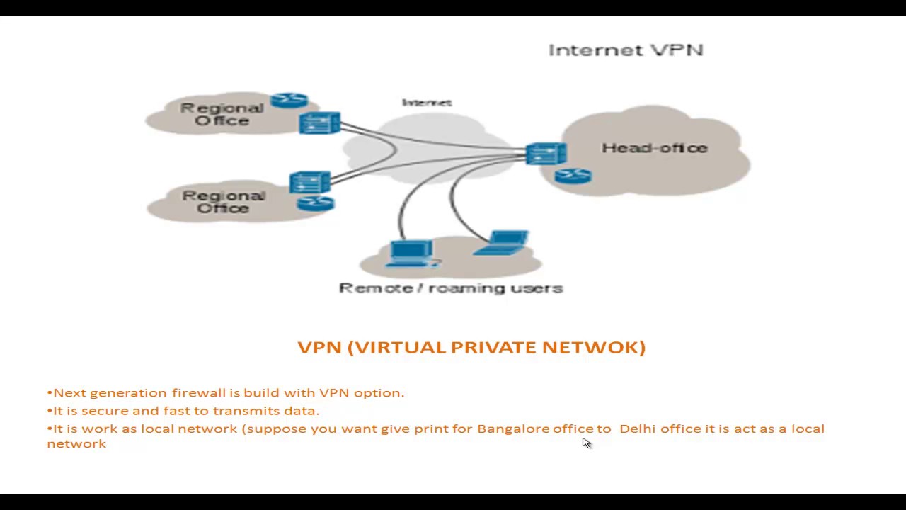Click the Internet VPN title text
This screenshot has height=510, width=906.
tap(626, 50)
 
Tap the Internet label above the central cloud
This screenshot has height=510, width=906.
tap(427, 103)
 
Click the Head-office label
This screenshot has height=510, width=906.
tap(655, 148)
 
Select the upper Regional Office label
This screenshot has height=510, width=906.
tap(222, 114)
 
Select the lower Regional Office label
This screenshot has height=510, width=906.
tap(224, 202)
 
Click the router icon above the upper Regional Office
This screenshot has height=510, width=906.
tap(289, 101)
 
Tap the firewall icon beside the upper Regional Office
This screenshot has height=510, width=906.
tap(319, 123)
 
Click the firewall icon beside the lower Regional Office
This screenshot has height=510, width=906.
tap(310, 183)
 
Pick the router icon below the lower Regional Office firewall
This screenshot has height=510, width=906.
tap(316, 204)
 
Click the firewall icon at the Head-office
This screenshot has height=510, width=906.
tap(546, 154)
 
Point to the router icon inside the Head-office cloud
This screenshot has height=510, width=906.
tap(573, 176)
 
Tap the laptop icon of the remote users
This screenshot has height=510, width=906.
tap(504, 242)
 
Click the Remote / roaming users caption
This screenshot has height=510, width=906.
tap(451, 288)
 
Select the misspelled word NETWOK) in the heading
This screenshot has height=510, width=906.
tap(594, 347)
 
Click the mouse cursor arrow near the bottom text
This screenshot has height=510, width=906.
tap(586, 443)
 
